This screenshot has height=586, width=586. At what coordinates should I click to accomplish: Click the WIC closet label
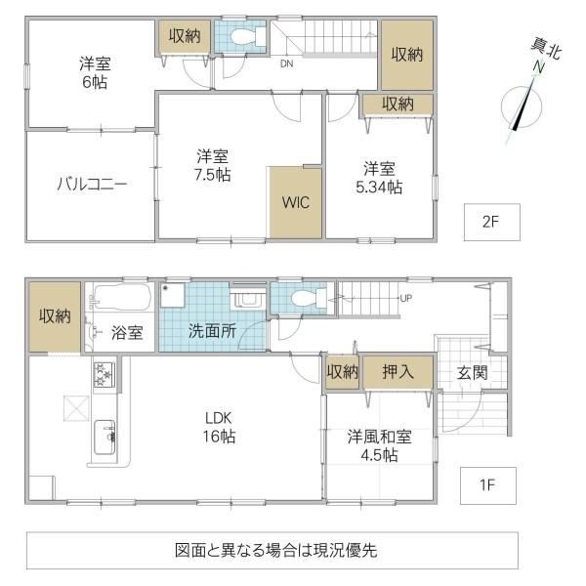[296, 202]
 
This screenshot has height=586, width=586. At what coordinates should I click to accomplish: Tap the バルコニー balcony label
[92, 184]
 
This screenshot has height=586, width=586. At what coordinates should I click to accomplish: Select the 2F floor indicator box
[492, 222]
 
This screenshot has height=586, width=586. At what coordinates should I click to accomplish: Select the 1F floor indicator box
[488, 485]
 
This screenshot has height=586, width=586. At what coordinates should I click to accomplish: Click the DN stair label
[286, 63]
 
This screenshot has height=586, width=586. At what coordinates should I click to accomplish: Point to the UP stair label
[406, 298]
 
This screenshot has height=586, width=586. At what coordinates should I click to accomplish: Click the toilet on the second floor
[248, 37]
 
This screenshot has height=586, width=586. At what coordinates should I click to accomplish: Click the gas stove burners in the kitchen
[105, 375]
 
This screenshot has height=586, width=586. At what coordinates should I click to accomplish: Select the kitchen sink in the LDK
[105, 438]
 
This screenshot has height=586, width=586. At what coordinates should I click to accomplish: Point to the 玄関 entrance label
[473, 373]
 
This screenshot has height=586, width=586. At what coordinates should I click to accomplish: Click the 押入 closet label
[398, 372]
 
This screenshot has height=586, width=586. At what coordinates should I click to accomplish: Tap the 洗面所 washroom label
[212, 331]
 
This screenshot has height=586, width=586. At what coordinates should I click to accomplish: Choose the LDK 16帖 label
[219, 427]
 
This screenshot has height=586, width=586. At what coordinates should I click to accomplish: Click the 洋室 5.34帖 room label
[379, 179]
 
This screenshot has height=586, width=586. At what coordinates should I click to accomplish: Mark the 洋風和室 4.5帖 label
[379, 446]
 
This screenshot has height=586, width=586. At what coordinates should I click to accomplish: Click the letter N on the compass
[538, 67]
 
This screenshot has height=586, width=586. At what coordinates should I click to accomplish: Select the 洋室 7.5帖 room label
[213, 166]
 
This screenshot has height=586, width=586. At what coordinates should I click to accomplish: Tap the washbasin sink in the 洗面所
[247, 299]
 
